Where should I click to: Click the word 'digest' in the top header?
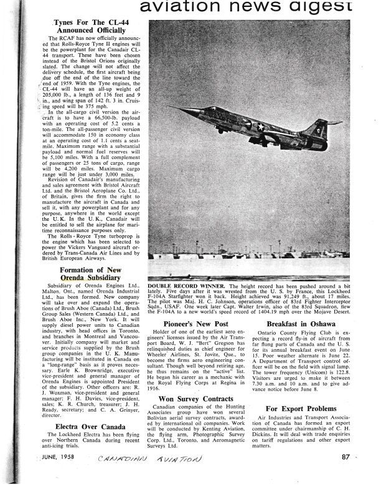click(320, 7)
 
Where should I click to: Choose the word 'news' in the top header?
click(258, 7)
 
